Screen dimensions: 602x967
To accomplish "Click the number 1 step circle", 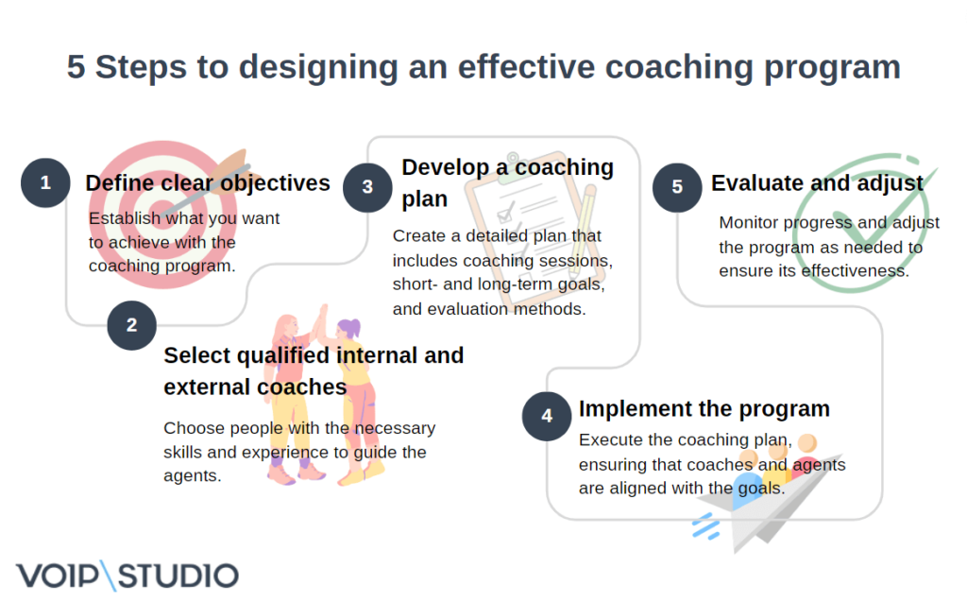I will [45, 183].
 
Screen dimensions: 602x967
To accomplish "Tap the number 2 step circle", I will [131, 326].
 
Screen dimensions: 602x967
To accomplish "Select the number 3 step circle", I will [367, 187].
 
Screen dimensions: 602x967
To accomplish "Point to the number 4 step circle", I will [547, 417].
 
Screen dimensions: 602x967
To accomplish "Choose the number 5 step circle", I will [677, 187].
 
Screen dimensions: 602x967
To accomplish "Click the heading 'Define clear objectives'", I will [208, 183].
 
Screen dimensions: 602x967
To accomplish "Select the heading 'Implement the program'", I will [704, 408].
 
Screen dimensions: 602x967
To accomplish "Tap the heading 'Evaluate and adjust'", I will [817, 183].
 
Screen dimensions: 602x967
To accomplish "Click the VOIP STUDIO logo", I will [127, 575].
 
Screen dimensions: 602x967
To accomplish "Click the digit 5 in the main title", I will [76, 68].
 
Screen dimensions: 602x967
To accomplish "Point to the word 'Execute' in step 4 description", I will [610, 439].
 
